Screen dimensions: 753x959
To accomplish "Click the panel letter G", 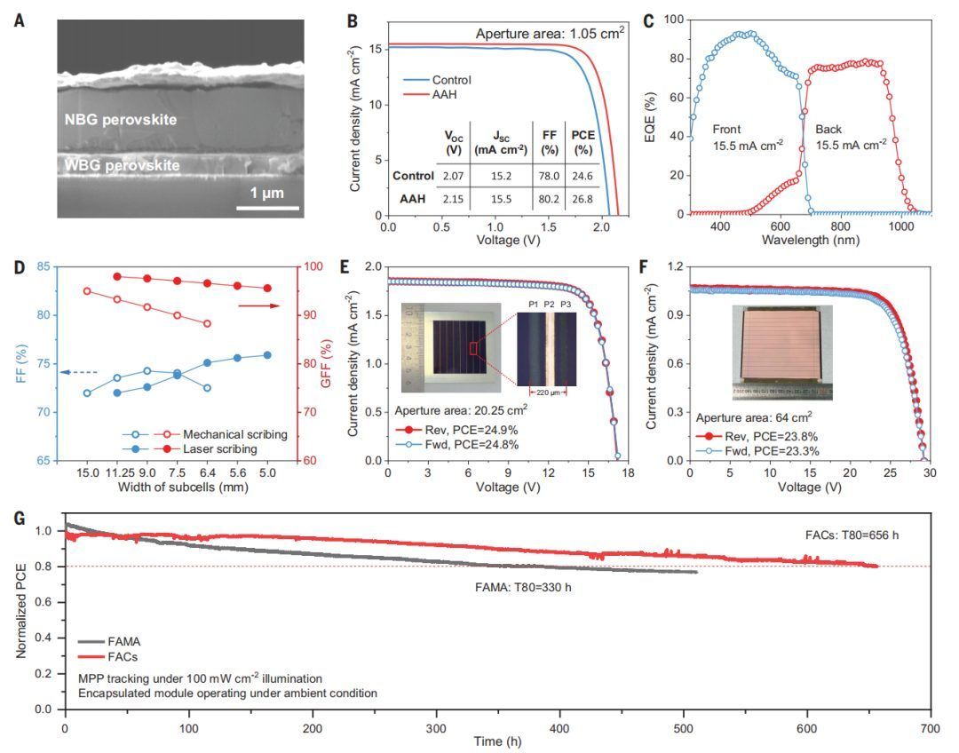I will click(x=19, y=514).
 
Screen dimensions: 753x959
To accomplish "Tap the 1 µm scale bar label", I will click(x=267, y=192).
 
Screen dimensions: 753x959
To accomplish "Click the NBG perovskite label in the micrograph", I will click(x=121, y=120).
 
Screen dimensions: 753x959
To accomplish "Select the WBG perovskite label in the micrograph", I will click(x=122, y=165).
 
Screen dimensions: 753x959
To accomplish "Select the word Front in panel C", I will click(x=727, y=129).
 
